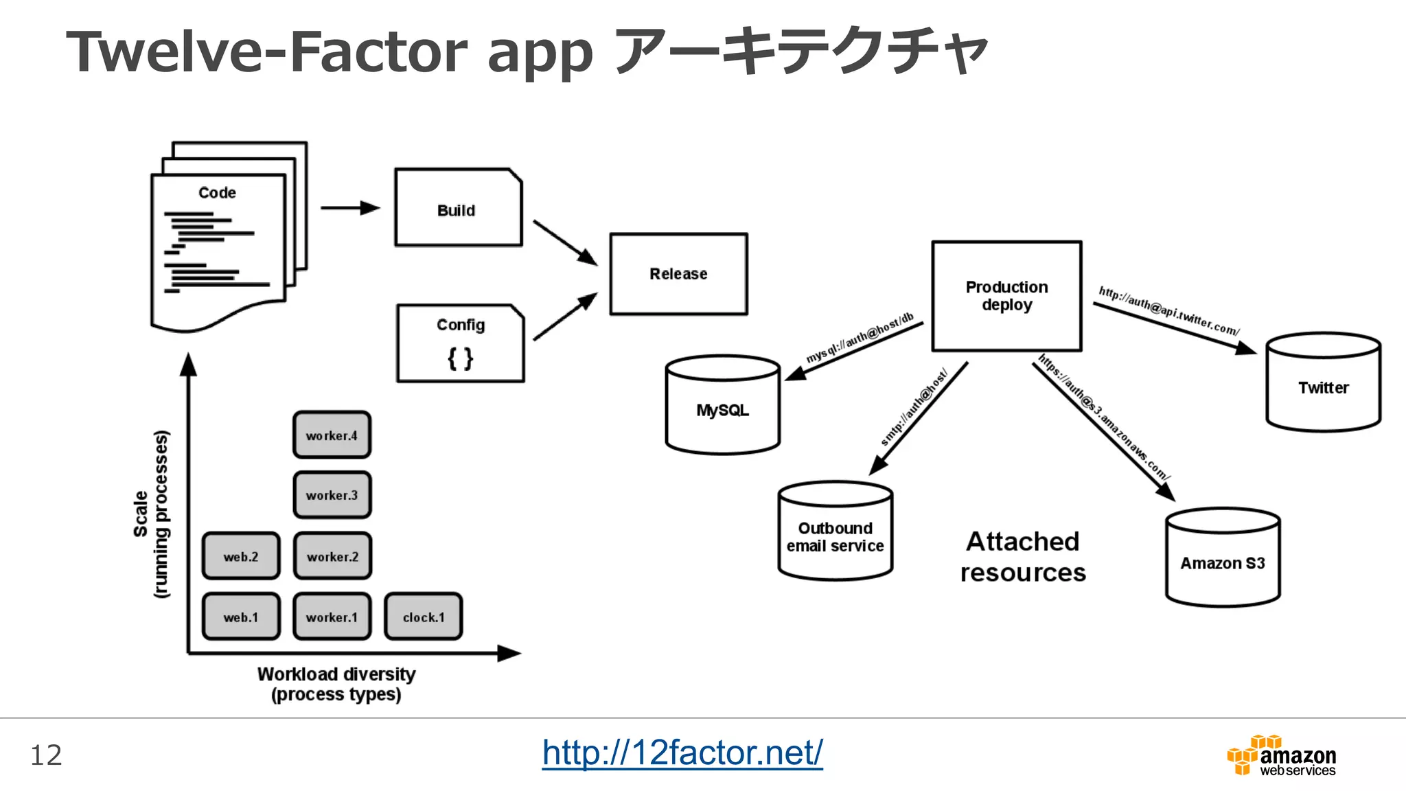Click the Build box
coord(458,207)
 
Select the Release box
coord(678,274)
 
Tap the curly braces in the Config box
coord(460,358)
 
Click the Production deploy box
coord(1006,296)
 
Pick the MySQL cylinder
coord(722,410)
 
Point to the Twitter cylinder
coord(1323,388)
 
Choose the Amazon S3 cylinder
coord(1222,563)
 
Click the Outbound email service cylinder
coord(835,537)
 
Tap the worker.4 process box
coord(332,435)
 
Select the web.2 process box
coord(241,556)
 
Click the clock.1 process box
coord(423,617)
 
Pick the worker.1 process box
coord(332,617)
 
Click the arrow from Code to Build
coord(349,207)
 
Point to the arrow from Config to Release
coord(564,317)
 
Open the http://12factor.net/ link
coord(682,753)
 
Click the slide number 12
coord(46,755)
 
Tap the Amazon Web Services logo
coord(1282,756)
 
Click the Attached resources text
coord(1022,557)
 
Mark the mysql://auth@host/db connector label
coord(860,338)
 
